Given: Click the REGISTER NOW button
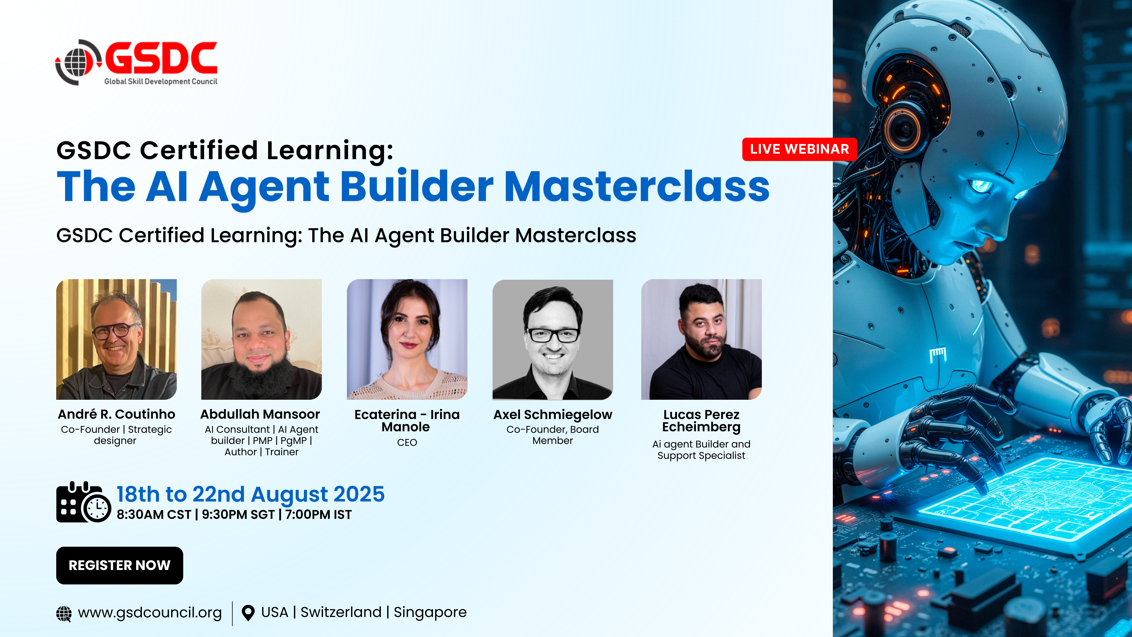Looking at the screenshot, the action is coord(120,565).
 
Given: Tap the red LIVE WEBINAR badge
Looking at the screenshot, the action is coord(799,149).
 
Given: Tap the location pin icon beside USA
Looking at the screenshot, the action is coord(248,613).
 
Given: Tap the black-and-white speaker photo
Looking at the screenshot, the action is coord(553,339).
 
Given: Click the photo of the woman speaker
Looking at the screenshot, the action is coord(407,339).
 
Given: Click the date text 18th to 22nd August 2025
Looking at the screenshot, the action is coord(251,494).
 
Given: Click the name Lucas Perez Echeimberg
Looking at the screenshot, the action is coord(701,421).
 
